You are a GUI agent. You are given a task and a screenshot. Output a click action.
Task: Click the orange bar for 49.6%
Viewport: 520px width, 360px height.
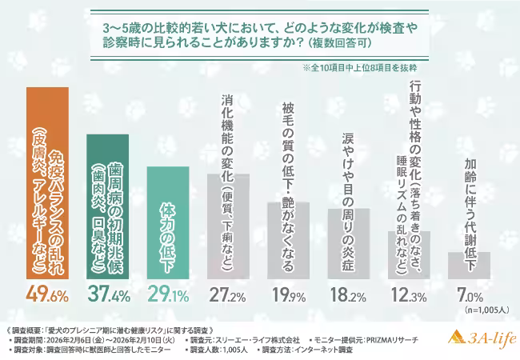click(x=47, y=183)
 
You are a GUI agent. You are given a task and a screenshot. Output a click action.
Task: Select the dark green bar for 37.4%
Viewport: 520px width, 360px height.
click(x=107, y=206)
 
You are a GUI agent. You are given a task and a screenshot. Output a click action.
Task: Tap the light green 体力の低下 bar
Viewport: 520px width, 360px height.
click(x=168, y=222)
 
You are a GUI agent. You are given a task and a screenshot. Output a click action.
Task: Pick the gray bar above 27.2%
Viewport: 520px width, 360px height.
click(x=228, y=226)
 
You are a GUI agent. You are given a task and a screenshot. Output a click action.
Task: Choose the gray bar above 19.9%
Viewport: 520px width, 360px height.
click(x=289, y=241)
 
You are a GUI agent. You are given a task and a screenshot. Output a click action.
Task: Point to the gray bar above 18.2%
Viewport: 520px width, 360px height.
click(x=349, y=244)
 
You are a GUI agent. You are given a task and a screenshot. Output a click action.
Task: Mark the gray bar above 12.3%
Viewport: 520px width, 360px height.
click(x=409, y=255)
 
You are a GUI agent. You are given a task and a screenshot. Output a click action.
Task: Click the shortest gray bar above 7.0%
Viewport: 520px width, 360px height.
click(x=469, y=266)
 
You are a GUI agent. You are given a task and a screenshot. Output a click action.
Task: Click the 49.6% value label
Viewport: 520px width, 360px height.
click(x=47, y=294)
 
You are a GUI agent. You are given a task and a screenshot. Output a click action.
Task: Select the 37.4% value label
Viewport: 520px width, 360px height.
click(x=109, y=294)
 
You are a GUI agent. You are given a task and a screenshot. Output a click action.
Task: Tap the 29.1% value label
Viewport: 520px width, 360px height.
click(x=169, y=294)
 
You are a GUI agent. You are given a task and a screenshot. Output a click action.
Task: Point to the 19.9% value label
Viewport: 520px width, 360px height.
click(x=289, y=294)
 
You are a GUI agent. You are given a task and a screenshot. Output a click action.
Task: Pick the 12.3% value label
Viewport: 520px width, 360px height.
click(x=409, y=294)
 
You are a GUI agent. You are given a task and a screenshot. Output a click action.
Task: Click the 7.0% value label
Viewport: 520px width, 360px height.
click(x=470, y=294)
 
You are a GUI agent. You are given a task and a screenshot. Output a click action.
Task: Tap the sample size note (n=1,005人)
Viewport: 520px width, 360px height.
click(x=486, y=310)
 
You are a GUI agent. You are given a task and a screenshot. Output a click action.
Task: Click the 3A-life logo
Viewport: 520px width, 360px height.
click(x=482, y=338)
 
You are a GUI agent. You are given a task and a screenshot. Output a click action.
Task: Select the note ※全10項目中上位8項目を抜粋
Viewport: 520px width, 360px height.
click(x=360, y=68)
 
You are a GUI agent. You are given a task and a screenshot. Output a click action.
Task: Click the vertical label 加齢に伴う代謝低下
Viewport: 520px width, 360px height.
click(x=470, y=214)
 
